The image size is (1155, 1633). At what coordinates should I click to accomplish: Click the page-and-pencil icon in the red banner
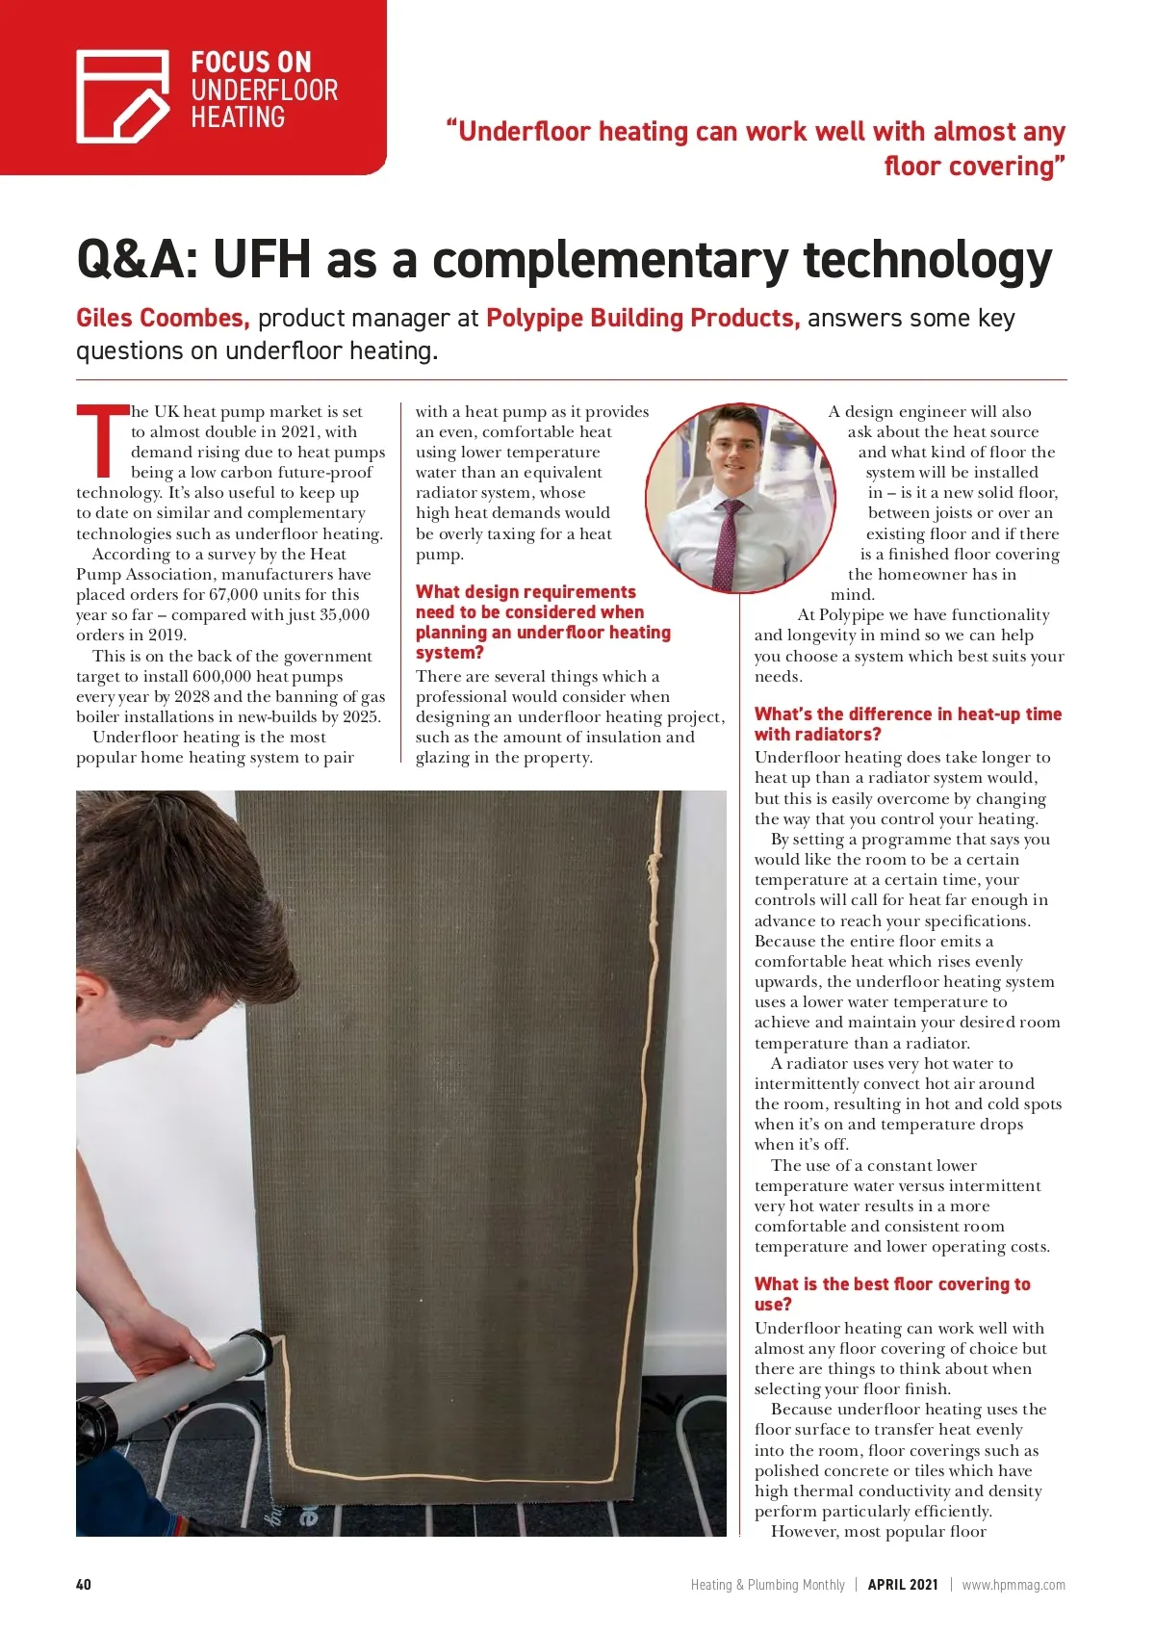coord(122,96)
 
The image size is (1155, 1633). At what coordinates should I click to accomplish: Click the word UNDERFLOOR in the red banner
coord(264,91)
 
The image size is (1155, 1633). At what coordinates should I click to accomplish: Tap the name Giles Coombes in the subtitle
coord(163,318)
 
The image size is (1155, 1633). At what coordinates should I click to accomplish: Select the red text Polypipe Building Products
coord(642,318)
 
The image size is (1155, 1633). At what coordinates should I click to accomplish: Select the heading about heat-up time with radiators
coord(907,724)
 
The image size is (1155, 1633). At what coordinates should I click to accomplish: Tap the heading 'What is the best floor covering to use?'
coord(891,1294)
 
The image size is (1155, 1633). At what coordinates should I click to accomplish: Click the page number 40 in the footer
coord(84,1585)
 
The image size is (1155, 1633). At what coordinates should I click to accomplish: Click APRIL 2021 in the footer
coord(902,1585)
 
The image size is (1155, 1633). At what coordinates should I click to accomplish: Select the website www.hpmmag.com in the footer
coord(1013,1585)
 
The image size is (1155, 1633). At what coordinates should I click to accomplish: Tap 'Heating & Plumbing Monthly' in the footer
coord(767,1585)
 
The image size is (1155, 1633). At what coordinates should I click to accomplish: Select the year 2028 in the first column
coord(192,696)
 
